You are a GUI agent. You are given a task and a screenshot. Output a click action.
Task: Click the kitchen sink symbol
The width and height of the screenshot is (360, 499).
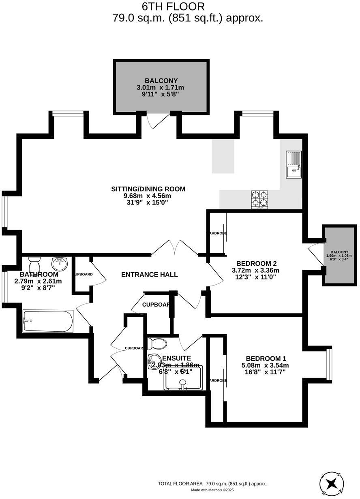[x=294, y=164]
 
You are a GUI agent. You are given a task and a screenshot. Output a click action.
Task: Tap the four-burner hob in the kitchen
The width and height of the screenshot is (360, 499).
[x=259, y=200]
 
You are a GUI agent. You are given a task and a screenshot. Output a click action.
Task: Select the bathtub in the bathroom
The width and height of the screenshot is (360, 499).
[x=48, y=321]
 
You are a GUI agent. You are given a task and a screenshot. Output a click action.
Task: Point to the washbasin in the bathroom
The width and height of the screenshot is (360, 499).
[x=59, y=262]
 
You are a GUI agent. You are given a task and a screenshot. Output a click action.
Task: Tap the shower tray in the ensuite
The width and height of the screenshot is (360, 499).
[x=183, y=380]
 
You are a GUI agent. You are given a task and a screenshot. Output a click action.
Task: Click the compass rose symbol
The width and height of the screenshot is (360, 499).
[x=332, y=483]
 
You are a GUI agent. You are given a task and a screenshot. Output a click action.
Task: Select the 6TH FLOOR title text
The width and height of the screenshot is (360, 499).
[x=173, y=6]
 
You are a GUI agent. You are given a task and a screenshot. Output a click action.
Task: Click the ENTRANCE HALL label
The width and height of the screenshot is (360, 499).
[x=149, y=275]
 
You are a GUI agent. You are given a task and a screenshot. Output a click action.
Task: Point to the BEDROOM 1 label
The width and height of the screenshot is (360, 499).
[x=266, y=358]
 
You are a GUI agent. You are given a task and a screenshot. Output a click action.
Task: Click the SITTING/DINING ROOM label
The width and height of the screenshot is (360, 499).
[x=148, y=189]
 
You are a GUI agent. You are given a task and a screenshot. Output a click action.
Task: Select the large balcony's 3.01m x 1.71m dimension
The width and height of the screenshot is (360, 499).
[x=161, y=87]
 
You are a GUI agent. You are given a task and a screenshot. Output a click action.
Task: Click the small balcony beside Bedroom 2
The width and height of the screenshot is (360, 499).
[x=339, y=255]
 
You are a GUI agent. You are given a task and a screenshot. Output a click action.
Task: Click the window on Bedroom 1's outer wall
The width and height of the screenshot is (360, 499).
[x=329, y=365]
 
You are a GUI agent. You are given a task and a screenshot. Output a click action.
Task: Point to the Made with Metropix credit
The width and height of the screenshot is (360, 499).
[x=212, y=490]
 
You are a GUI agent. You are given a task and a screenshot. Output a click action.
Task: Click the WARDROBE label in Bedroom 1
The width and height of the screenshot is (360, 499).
[x=216, y=380]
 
